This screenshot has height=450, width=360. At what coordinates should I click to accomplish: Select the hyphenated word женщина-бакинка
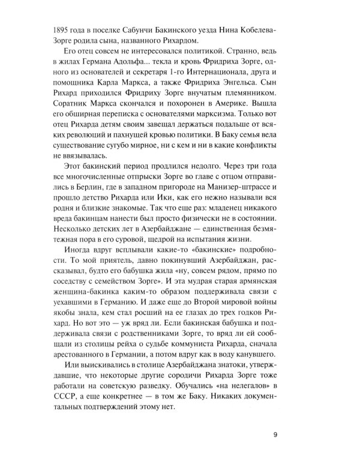(65, 334)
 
